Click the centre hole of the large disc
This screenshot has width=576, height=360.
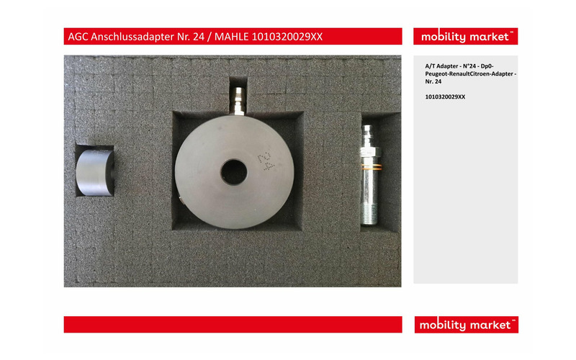[x=233, y=171]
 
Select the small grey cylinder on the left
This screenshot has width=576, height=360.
[x=95, y=171]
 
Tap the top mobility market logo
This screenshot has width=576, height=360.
[x=465, y=36]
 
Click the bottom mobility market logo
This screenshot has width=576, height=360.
[x=465, y=325]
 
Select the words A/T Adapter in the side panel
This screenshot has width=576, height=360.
[x=441, y=66]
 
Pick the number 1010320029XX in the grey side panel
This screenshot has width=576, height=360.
[x=445, y=96]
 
